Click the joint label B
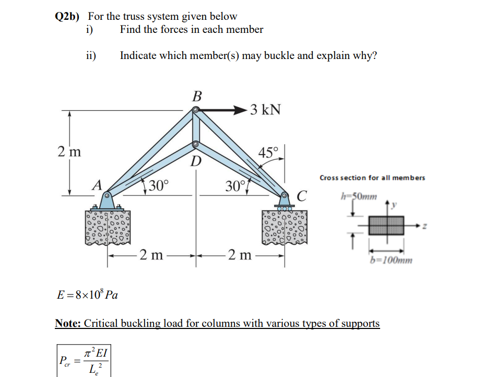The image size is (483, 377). click(196, 96)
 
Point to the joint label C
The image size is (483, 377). click(301, 197)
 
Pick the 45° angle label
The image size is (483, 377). click(269, 153)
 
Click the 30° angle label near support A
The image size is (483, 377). click(157, 185)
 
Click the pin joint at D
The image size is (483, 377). click(196, 144)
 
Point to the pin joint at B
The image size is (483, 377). click(196, 110)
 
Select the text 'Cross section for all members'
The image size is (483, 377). click(372, 178)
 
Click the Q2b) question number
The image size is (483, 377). click(67, 17)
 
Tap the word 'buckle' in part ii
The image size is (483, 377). click(280, 56)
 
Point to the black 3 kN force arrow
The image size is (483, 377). click(222, 110)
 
